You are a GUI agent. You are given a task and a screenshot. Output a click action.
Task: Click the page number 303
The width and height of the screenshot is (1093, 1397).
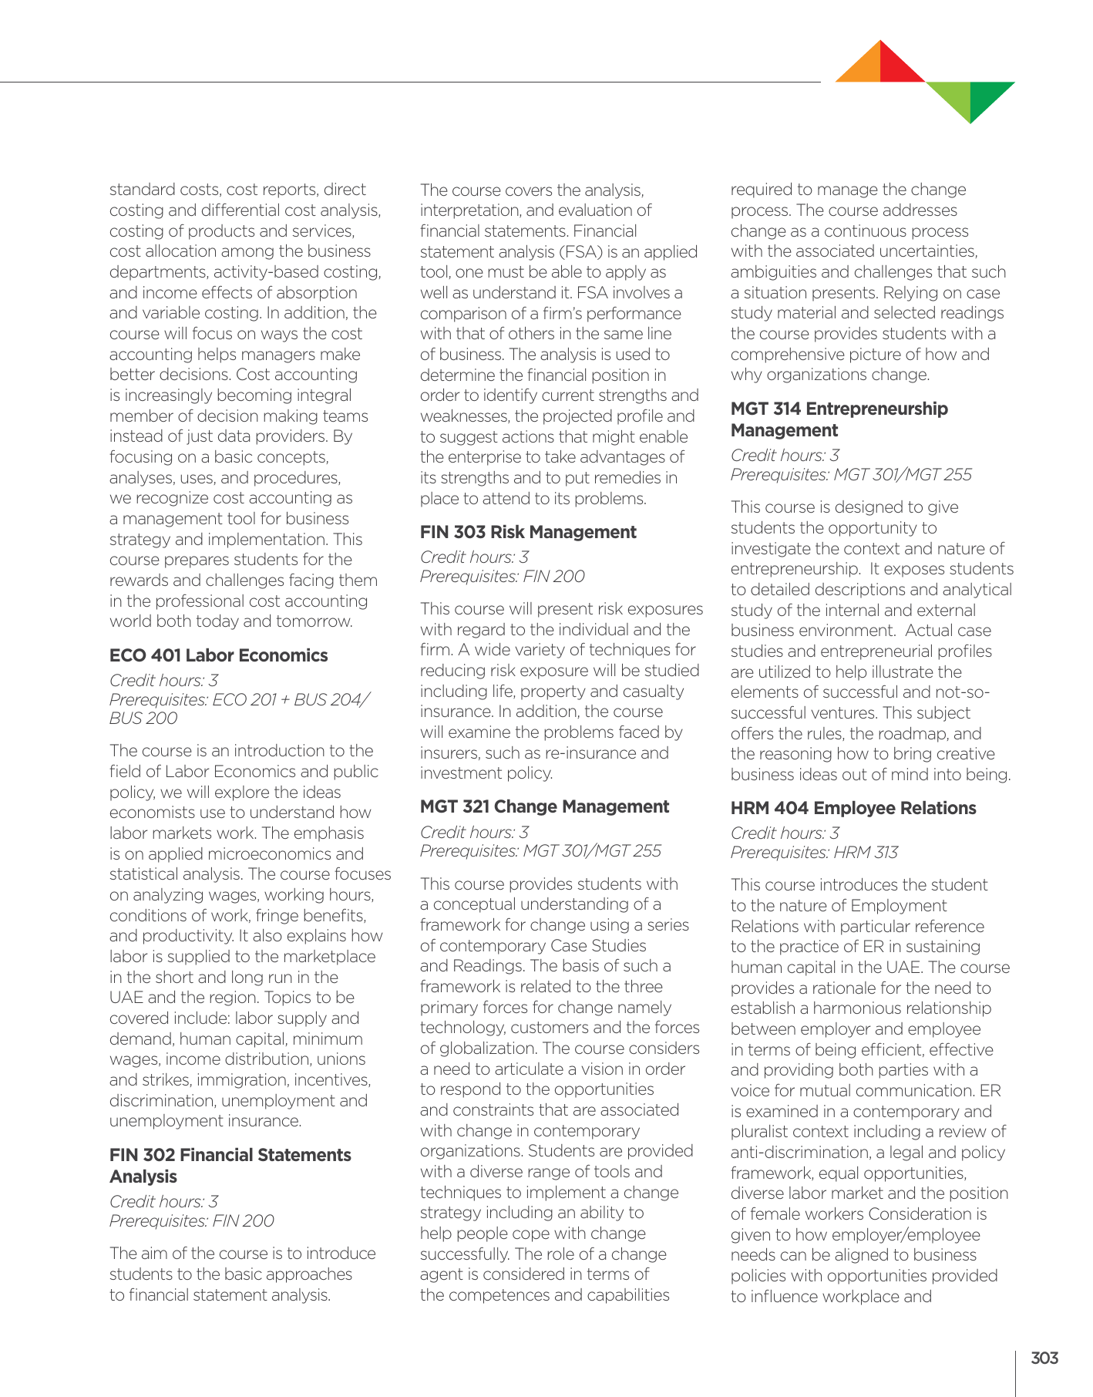click(1044, 1358)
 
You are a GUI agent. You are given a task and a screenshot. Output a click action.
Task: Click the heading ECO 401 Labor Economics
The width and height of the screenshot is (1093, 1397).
click(218, 655)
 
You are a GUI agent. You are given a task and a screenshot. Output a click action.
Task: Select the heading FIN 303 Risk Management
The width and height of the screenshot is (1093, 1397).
click(528, 532)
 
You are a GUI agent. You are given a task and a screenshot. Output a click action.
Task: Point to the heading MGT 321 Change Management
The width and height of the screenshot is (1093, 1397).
click(544, 806)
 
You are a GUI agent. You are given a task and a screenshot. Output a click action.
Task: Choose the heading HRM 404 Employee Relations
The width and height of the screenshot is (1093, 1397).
click(853, 808)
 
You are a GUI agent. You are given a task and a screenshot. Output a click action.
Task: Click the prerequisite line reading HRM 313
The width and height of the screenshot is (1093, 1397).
click(814, 852)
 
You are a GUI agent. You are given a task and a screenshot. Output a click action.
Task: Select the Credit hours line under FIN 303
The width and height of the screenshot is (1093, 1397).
click(474, 557)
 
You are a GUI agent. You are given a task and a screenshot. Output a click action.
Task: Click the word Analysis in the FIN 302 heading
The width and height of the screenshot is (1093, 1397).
click(143, 1177)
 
